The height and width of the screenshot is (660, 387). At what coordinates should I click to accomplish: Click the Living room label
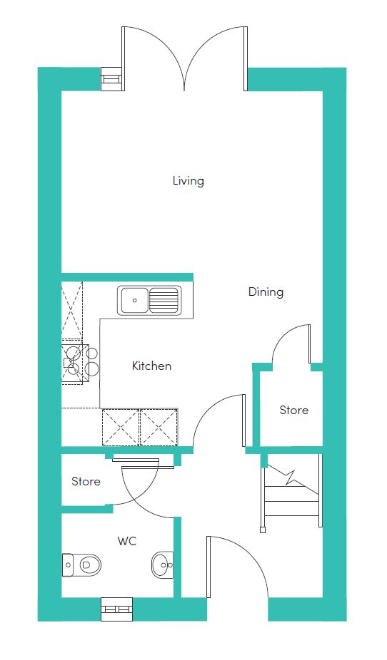point(188,181)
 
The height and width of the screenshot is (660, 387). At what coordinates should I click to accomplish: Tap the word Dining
point(266,292)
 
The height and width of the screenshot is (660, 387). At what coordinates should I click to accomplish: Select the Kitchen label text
point(152,366)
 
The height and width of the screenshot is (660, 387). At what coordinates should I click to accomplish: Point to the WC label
point(127,541)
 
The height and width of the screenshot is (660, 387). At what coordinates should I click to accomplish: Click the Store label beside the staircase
point(294,410)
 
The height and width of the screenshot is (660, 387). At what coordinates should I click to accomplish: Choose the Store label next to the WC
point(86,481)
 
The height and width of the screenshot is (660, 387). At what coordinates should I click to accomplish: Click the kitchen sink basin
point(134,300)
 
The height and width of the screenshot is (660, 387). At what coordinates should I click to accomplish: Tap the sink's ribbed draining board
point(163,300)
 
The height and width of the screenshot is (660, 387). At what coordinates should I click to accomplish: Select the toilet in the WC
point(82,564)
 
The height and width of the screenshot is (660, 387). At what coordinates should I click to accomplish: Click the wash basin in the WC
point(162,564)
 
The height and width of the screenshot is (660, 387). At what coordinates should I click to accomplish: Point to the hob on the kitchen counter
point(80,360)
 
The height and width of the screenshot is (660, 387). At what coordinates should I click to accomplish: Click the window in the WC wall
point(117,609)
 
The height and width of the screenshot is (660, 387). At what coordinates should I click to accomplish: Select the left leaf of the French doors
point(124,58)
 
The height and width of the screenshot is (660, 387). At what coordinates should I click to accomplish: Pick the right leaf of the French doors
point(246,58)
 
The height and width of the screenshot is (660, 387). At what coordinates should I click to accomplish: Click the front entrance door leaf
point(208,567)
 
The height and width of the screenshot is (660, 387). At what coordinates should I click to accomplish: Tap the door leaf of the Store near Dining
point(310,344)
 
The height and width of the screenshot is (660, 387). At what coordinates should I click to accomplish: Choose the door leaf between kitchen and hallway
point(243,420)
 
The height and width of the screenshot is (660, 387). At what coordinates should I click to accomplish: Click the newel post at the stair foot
point(263,529)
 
